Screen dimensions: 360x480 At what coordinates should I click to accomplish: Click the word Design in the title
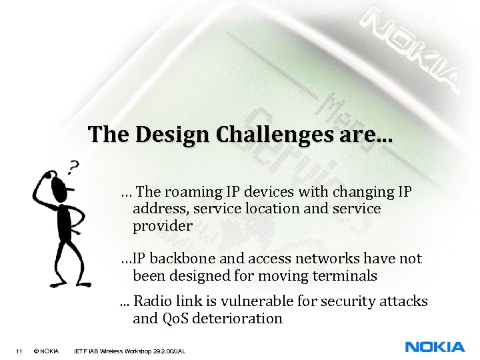pos(166,135)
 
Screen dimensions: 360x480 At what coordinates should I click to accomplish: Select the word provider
pos(163,226)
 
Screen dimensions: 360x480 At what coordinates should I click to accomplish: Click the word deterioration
pos(239,319)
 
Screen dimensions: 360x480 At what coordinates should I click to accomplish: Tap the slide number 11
pos(20,351)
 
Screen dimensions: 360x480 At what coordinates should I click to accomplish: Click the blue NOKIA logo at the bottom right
pos(435,347)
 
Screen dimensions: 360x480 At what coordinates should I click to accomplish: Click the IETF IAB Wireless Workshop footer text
pos(129,351)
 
